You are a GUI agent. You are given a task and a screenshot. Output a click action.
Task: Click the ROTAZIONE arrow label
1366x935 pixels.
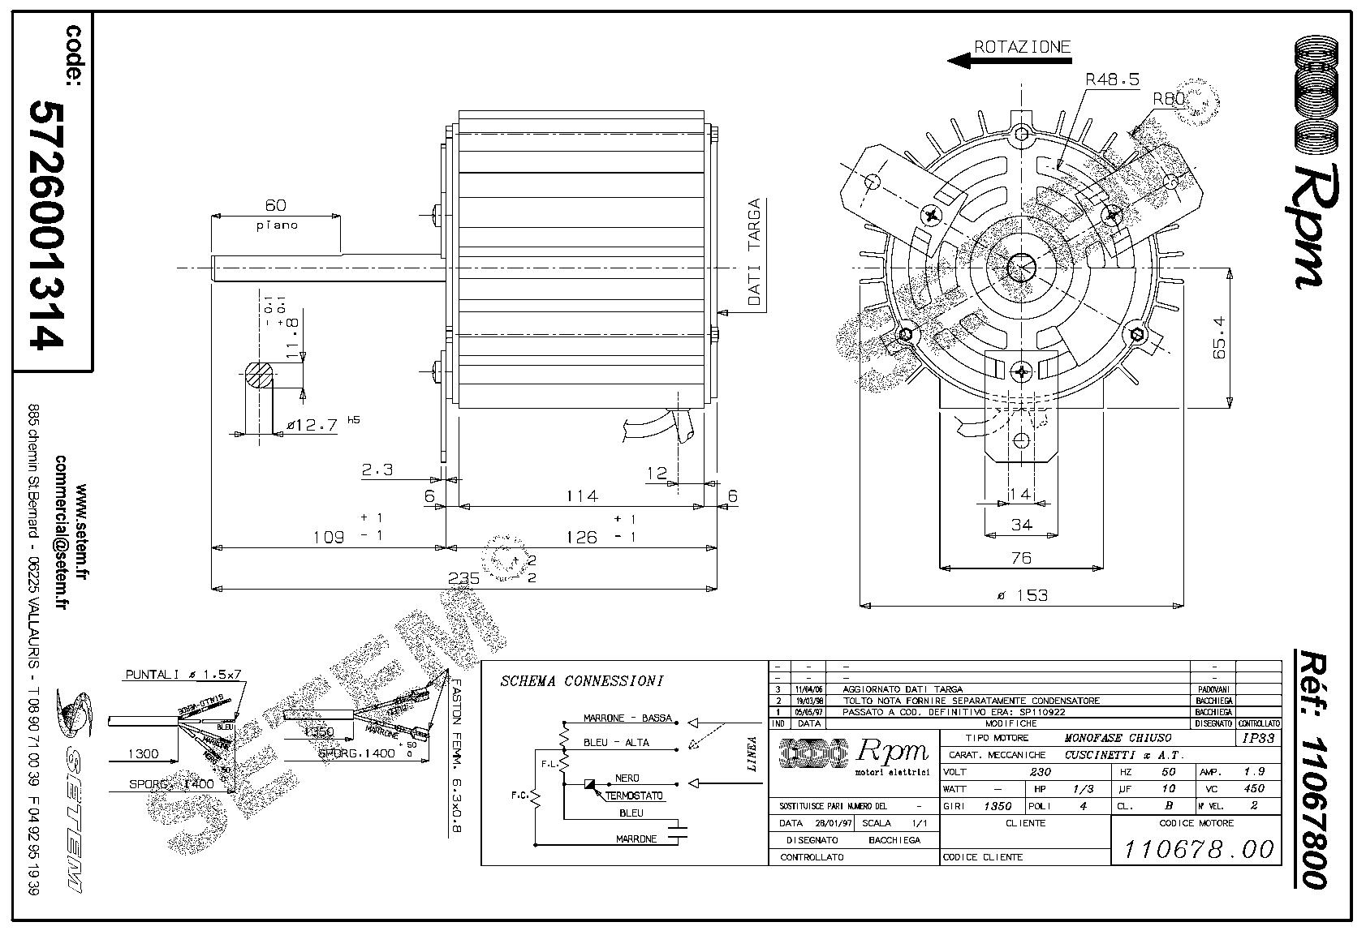pyautogui.click(x=1022, y=47)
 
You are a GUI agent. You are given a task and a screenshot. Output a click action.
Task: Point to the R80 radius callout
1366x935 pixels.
pyautogui.click(x=1170, y=99)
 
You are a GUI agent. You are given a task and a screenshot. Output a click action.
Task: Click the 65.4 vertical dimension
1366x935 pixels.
pyautogui.click(x=1220, y=339)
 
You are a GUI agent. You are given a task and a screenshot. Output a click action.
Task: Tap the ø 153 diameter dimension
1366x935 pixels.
pyautogui.click(x=1021, y=595)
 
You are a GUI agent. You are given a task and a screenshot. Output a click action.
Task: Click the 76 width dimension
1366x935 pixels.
pyautogui.click(x=1021, y=557)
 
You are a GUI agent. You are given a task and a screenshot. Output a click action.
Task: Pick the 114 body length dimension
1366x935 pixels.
pyautogui.click(x=581, y=495)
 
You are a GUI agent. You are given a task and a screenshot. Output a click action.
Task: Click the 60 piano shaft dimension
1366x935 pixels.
pyautogui.click(x=276, y=206)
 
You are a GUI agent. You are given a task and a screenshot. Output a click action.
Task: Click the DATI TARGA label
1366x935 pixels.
pyautogui.click(x=754, y=252)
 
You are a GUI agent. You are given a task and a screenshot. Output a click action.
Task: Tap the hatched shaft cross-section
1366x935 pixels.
pyautogui.click(x=260, y=377)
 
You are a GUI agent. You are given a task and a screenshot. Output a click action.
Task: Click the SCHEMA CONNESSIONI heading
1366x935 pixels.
pyautogui.click(x=581, y=681)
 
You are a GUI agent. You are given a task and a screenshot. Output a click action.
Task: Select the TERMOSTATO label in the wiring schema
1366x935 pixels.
pyautogui.click(x=633, y=796)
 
